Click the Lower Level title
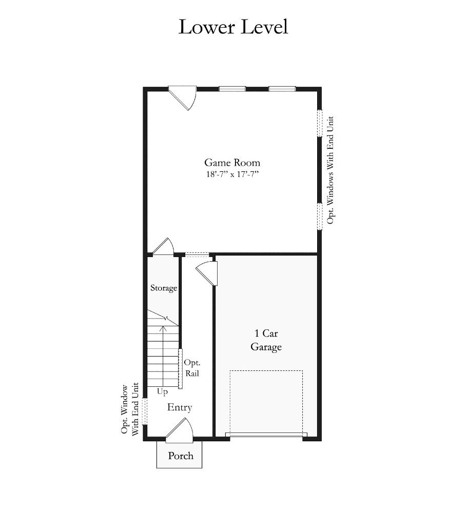point(233,27)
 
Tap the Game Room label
point(232,163)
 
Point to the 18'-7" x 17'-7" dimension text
point(232,174)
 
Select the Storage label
point(164,288)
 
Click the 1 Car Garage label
point(266,340)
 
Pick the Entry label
point(179,407)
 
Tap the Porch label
point(181,456)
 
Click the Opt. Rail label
point(192,368)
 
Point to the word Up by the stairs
point(162,391)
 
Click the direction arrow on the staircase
point(163,356)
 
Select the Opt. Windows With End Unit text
point(330,170)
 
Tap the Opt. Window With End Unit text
point(130,409)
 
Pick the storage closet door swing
point(163,246)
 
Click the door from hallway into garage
point(207,273)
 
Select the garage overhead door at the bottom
point(266,435)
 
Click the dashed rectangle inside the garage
point(266,402)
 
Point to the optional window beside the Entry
point(145,411)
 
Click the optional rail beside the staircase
point(180,369)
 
